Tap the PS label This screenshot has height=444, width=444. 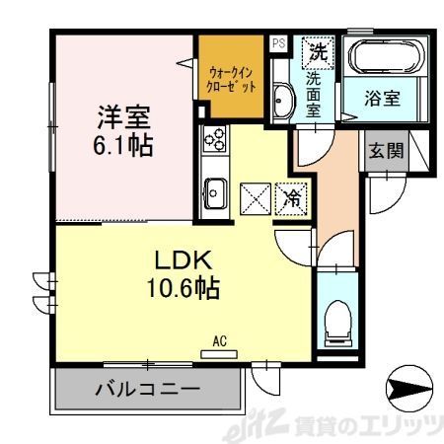tap(278, 42)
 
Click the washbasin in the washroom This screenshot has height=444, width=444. tap(282, 100)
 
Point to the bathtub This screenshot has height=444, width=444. tap(386, 58)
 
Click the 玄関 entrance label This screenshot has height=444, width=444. tap(384, 151)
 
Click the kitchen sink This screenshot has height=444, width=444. tap(214, 189)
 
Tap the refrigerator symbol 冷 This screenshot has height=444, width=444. tap(293, 197)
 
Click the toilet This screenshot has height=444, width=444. tap(336, 315)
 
